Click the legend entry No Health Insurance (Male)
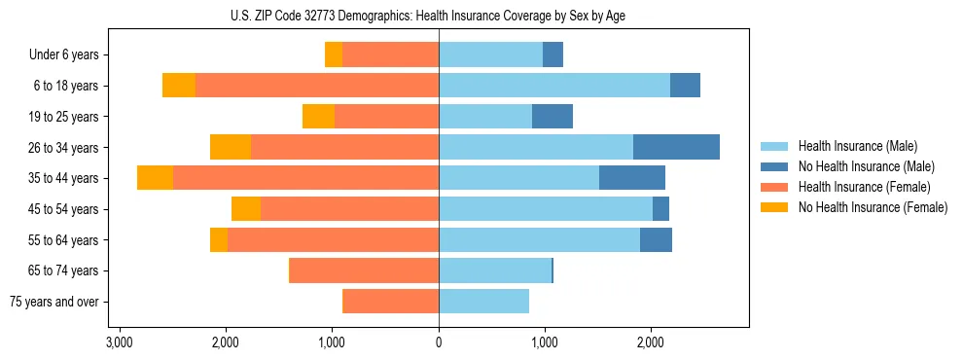[x=866, y=166]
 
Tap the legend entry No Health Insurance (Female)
[x=872, y=207]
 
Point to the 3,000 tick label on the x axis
[x=120, y=342]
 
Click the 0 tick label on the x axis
[x=439, y=342]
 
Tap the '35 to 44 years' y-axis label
[x=65, y=178]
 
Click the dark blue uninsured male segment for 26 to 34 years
[x=676, y=147]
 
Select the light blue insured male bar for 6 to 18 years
[x=554, y=86]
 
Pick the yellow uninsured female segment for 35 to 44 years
[x=155, y=178]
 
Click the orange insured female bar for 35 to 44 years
[x=305, y=178]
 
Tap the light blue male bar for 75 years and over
[x=483, y=302]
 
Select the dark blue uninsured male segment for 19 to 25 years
[x=553, y=117]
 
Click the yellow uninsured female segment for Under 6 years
[x=334, y=55]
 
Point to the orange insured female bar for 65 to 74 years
[x=365, y=270]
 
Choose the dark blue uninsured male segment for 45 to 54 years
[x=660, y=209]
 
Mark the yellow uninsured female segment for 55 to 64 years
[x=219, y=240]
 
